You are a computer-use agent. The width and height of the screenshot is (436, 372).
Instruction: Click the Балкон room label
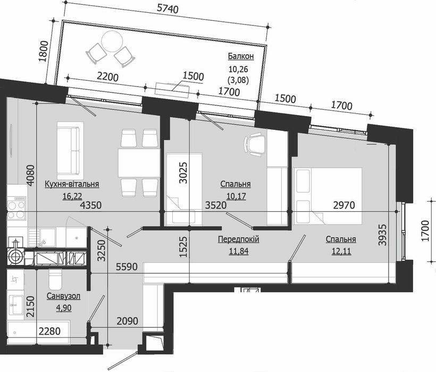tap(241, 56)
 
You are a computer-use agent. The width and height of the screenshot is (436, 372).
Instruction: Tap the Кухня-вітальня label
tap(72, 184)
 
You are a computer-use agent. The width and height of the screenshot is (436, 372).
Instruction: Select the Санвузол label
tap(63, 296)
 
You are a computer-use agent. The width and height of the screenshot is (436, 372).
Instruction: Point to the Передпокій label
tap(239, 239)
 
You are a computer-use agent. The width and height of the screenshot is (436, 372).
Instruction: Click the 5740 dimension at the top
tap(167, 9)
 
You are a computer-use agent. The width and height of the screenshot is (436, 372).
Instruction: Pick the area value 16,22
tap(72, 196)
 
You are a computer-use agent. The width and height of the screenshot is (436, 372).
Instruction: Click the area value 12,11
tap(341, 251)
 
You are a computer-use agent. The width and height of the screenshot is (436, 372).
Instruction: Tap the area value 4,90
tap(64, 308)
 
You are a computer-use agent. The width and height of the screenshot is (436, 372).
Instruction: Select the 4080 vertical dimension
tap(30, 175)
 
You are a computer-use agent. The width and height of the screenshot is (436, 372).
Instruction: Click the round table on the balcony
tap(112, 41)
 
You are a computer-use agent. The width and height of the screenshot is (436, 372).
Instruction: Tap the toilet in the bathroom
tap(55, 279)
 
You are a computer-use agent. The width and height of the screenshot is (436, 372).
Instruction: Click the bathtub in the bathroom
tap(39, 333)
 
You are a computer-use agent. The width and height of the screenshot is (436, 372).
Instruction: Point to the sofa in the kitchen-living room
tap(70, 151)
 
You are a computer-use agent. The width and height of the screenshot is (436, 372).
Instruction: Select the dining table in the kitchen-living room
tap(139, 163)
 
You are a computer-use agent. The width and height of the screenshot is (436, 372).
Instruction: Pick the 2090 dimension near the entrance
tap(128, 321)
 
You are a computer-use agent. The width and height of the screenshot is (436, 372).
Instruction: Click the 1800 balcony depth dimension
tap(44, 52)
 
